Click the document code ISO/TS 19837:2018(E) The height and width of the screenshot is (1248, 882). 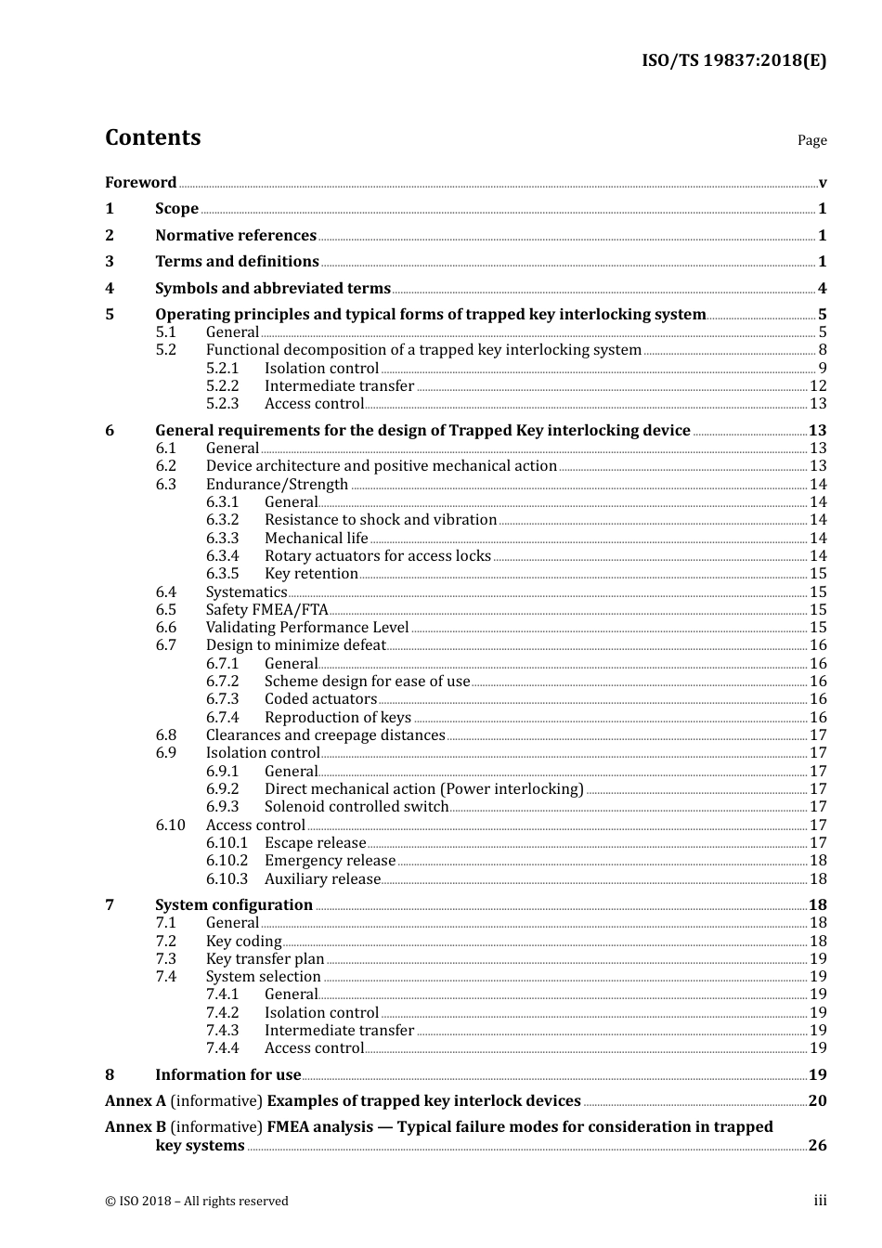733,61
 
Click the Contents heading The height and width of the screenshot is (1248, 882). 152,137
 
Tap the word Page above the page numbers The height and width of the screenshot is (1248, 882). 811,140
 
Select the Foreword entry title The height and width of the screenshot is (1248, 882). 140,183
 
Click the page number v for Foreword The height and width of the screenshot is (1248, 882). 822,183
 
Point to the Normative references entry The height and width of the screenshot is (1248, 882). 236,236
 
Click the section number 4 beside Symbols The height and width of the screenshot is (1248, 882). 110,289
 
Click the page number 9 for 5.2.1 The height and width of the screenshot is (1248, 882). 822,369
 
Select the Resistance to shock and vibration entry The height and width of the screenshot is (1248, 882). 381,520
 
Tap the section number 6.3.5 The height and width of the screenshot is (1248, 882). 222,574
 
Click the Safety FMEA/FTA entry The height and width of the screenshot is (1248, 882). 267,610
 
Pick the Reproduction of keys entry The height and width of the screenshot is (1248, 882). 338,718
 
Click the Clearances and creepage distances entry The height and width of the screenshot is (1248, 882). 325,735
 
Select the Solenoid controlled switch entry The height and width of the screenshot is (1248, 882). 357,807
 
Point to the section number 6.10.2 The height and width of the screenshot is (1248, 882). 227,861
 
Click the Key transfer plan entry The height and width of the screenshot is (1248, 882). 266,959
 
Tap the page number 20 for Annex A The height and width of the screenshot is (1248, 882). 817,1101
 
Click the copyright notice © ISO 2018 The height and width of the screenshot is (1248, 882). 197,1202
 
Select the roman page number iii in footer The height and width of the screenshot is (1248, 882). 820,1201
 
